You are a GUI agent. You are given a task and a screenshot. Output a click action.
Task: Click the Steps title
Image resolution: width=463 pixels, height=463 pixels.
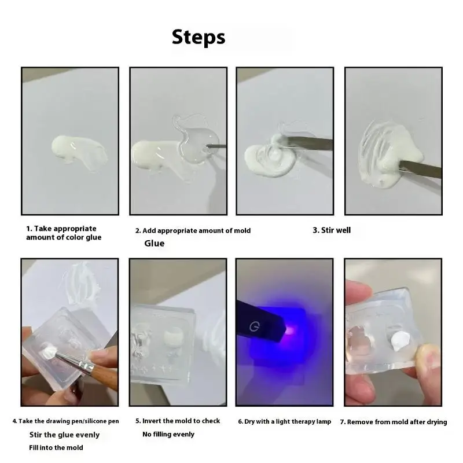tap(199, 37)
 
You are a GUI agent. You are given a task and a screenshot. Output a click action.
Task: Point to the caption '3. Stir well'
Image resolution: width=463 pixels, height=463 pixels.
tap(332, 230)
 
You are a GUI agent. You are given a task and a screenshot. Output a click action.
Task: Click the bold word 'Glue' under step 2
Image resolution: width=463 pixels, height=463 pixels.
tap(154, 244)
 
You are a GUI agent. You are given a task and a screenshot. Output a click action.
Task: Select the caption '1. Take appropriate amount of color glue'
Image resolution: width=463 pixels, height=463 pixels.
tap(63, 233)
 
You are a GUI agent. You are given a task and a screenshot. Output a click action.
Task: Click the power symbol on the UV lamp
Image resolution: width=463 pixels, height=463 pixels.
tap(252, 328)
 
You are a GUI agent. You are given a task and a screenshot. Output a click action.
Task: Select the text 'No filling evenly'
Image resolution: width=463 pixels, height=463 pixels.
tap(168, 434)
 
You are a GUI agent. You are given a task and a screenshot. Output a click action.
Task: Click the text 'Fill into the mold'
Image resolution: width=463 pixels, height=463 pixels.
tap(56, 447)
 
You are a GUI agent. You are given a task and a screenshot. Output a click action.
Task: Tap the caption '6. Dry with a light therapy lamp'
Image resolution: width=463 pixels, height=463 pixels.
tap(284, 422)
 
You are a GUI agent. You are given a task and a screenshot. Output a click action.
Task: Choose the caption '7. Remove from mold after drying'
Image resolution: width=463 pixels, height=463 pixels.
tap(393, 422)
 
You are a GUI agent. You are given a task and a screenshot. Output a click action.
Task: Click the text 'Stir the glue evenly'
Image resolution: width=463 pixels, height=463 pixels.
tap(64, 435)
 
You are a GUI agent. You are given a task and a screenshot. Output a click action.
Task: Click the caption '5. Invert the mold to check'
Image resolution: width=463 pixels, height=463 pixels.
tap(178, 421)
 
